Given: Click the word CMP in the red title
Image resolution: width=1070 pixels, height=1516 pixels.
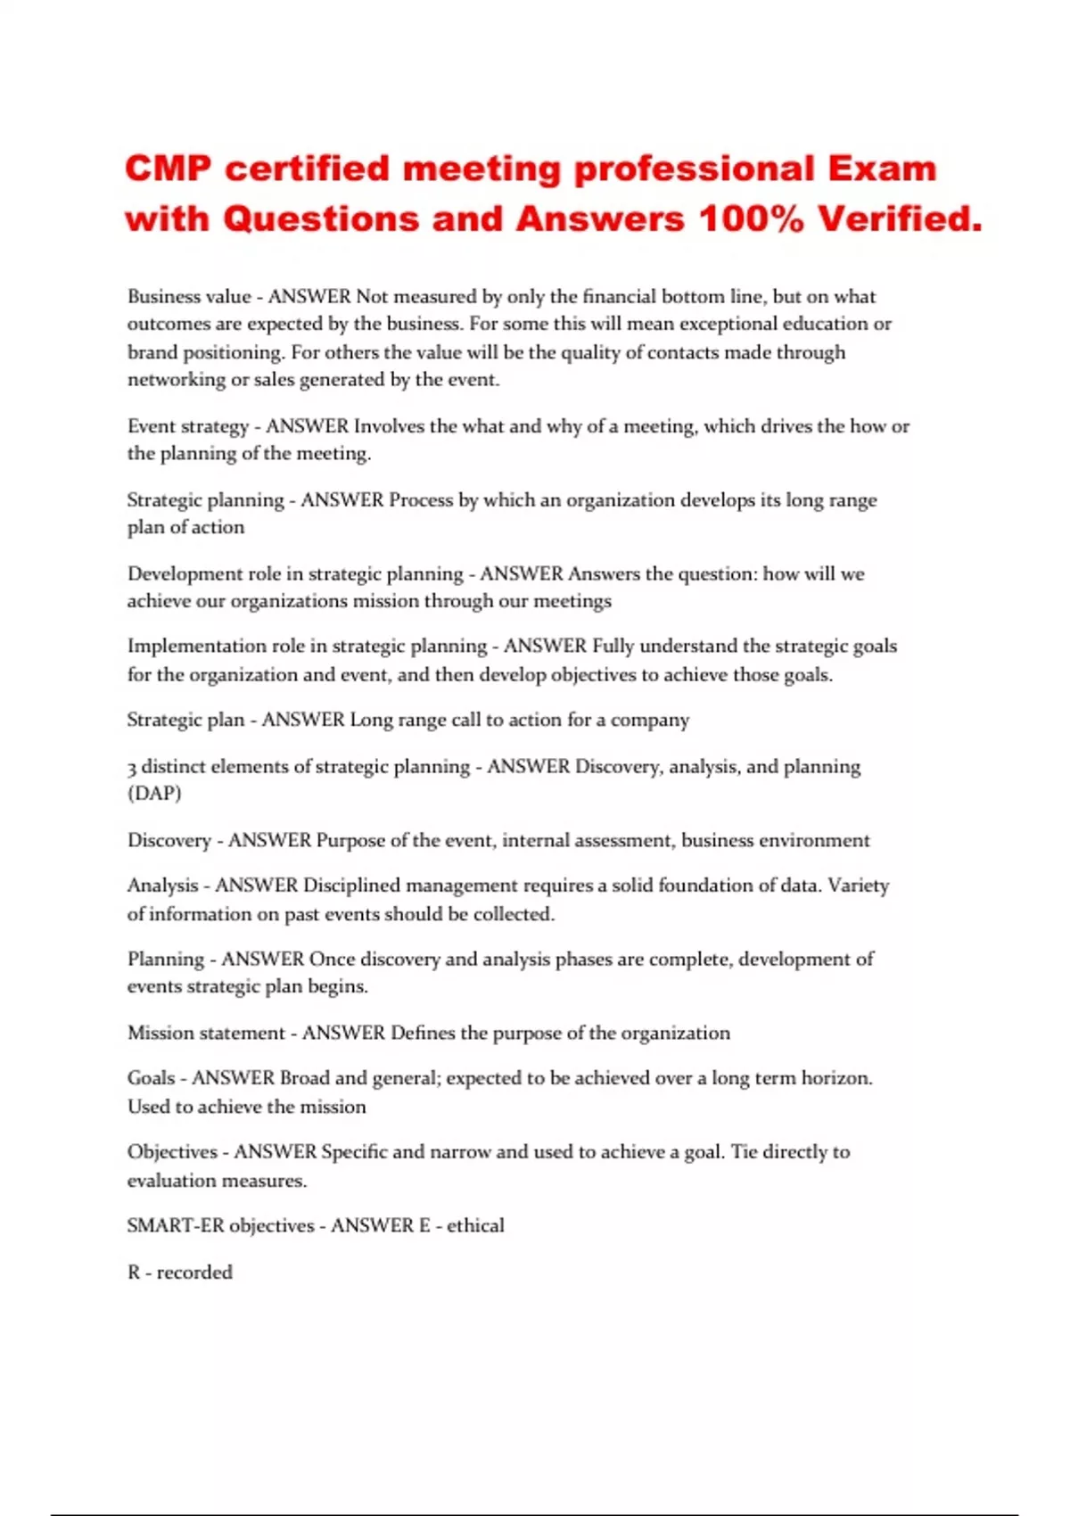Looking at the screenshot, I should tap(169, 169).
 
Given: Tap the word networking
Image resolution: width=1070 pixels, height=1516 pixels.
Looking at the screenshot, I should tap(176, 380).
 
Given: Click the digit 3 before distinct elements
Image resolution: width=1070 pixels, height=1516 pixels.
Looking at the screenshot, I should tap(132, 767).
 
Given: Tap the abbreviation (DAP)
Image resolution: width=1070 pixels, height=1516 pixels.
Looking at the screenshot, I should tap(154, 794).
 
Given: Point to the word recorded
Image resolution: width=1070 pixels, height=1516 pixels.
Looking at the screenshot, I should tap(194, 1273).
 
